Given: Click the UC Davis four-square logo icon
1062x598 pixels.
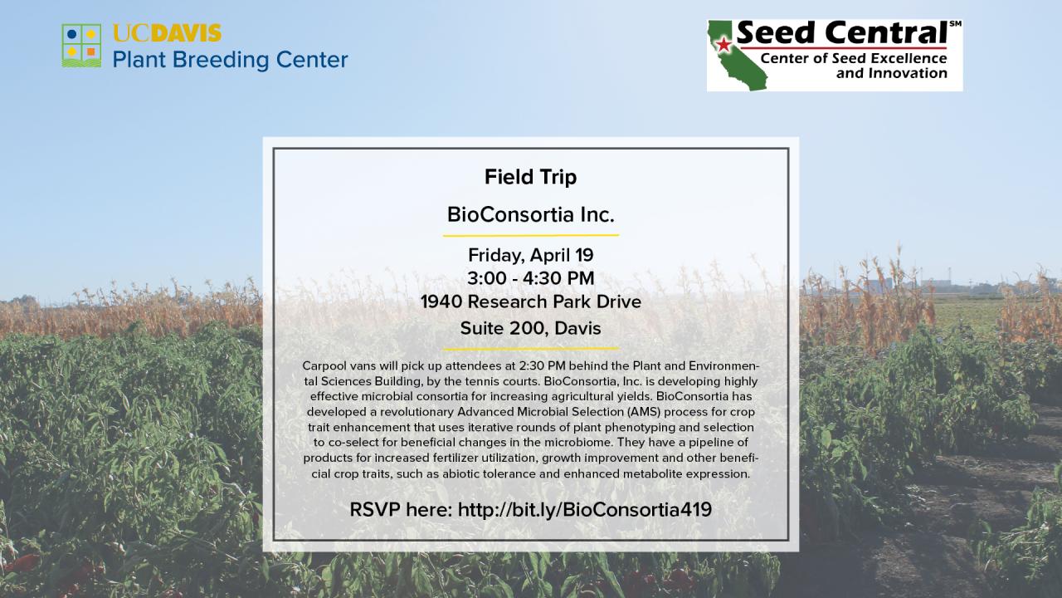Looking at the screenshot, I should click(x=81, y=46).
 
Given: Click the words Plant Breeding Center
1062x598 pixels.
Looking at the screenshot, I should click(x=230, y=60).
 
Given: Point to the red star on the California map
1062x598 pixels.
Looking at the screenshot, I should click(x=723, y=44).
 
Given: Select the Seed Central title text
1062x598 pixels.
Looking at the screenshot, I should click(x=841, y=33).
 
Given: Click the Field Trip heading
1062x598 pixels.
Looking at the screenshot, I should click(x=530, y=177).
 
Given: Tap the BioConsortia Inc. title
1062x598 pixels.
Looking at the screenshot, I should click(x=530, y=215).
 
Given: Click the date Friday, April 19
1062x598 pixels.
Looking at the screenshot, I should click(x=530, y=255).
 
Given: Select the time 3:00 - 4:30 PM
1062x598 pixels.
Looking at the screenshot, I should click(x=530, y=278).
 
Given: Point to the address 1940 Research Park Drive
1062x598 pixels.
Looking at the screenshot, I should click(x=530, y=301).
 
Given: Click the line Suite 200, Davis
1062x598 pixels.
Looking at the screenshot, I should click(x=530, y=328).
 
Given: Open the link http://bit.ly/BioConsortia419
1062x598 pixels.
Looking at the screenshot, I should click(x=584, y=509).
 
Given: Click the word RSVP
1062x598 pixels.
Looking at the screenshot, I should click(x=375, y=509).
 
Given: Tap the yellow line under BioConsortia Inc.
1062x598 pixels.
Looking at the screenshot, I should click(x=530, y=235).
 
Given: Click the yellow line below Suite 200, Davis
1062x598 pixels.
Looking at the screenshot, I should click(x=530, y=348).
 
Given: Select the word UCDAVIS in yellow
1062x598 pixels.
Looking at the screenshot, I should click(x=167, y=34).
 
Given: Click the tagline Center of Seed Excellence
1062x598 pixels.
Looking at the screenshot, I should click(x=853, y=59).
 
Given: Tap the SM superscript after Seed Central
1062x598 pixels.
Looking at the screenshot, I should click(x=955, y=24).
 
